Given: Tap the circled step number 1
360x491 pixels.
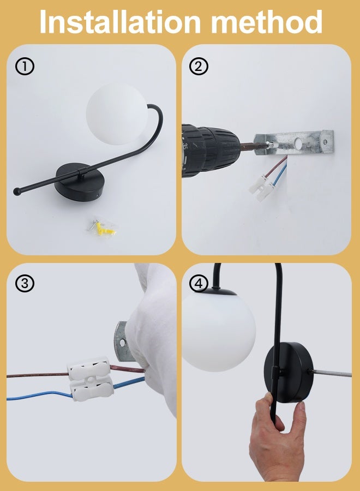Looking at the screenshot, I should (25, 67).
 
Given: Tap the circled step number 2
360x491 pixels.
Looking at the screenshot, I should (199, 67).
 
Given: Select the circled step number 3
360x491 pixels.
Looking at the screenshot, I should (25, 284).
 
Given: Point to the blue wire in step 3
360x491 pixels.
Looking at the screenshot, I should (33, 395).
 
